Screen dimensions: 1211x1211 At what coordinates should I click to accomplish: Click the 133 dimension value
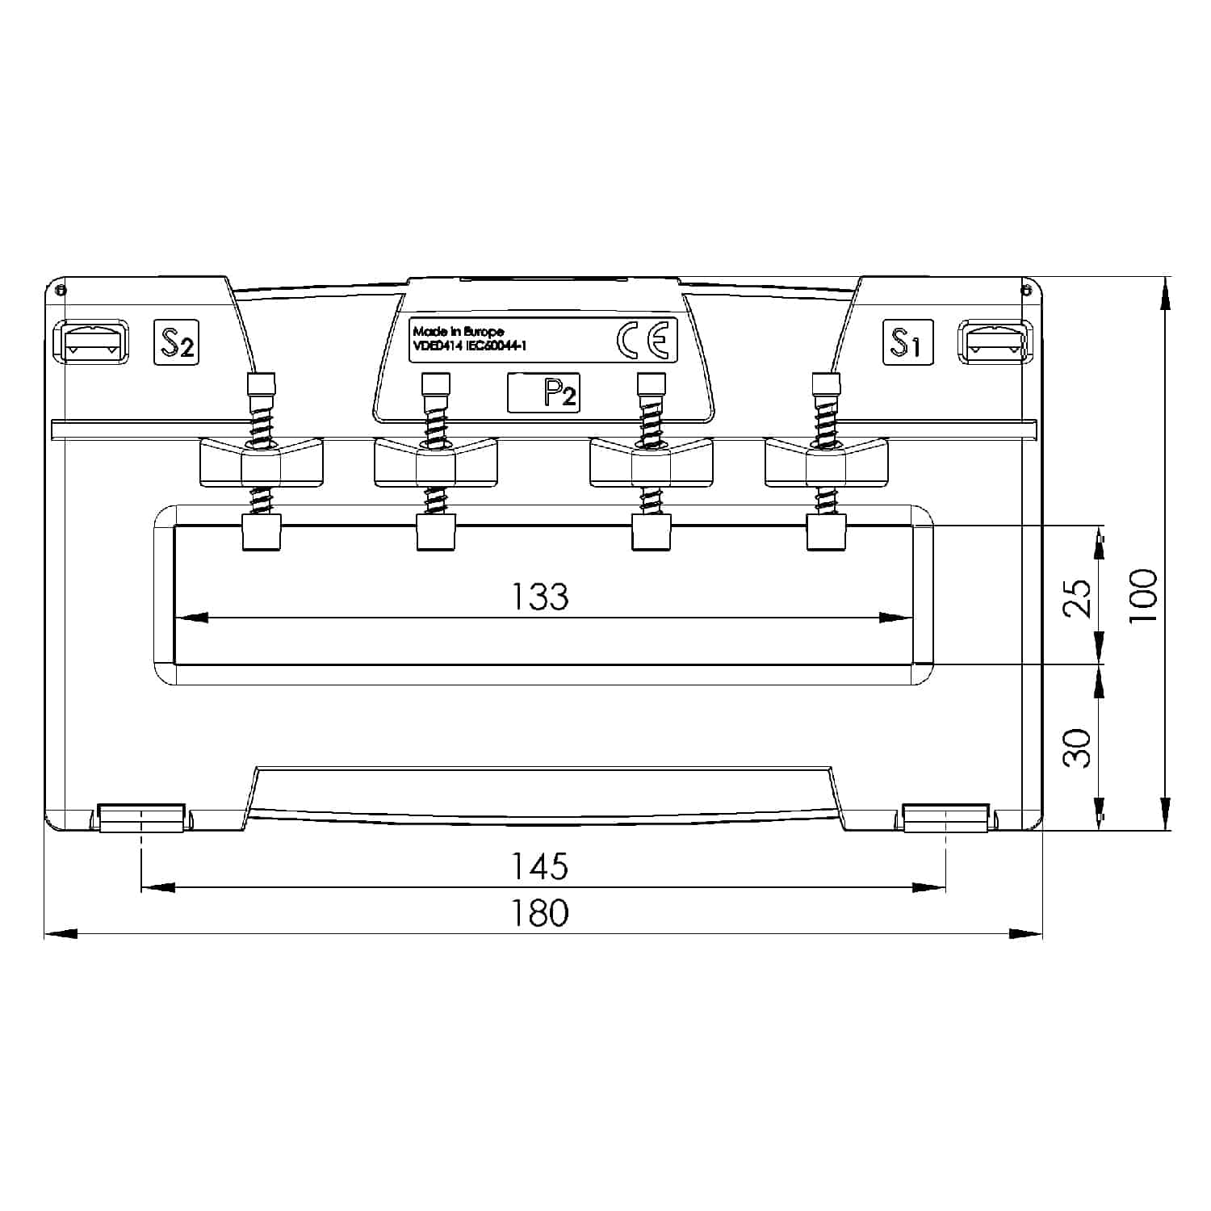tap(540, 597)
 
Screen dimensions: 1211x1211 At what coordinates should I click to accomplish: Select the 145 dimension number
tap(540, 866)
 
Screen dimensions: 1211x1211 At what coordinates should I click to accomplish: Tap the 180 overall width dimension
tap(540, 913)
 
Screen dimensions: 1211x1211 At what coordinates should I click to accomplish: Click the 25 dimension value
tap(1079, 598)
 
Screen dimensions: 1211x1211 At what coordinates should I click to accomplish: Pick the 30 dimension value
tap(1079, 748)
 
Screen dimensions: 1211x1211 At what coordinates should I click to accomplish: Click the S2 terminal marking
tap(176, 342)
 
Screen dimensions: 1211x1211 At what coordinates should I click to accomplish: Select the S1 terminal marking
tap(907, 342)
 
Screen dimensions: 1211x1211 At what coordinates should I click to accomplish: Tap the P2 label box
tap(544, 393)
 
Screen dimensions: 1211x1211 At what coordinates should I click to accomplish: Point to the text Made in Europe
tap(458, 332)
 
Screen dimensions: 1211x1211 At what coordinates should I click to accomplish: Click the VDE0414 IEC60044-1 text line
tap(470, 346)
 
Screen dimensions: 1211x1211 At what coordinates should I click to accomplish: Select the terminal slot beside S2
tap(90, 342)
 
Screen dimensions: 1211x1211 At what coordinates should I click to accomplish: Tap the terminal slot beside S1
tap(994, 342)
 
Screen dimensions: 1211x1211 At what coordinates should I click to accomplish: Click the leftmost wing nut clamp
tap(261, 463)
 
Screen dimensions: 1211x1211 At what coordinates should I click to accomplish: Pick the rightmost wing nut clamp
tap(826, 463)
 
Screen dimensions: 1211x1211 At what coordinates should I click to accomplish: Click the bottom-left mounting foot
tap(141, 817)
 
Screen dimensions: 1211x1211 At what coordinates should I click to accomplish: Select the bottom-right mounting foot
tap(945, 817)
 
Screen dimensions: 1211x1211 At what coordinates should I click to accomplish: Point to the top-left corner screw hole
tap(61, 288)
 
